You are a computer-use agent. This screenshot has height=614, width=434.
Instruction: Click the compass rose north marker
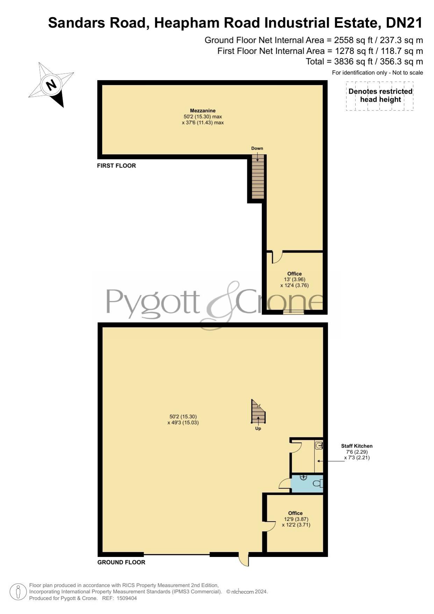(x=51, y=85)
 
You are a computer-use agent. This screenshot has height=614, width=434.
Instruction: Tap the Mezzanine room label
(x=203, y=111)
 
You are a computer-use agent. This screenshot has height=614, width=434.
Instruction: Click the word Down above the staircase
(x=257, y=148)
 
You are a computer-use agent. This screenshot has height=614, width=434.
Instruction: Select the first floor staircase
(x=257, y=177)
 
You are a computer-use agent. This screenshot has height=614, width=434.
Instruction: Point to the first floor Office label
(x=294, y=274)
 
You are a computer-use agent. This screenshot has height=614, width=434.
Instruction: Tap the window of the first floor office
(x=294, y=312)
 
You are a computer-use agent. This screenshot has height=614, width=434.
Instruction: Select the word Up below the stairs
(x=258, y=429)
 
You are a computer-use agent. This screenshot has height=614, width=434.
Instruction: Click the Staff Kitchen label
(x=357, y=446)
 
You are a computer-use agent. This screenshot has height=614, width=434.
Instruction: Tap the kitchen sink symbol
(x=319, y=445)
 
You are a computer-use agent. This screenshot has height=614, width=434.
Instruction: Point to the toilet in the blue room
(x=318, y=484)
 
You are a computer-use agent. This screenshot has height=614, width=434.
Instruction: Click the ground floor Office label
(x=296, y=513)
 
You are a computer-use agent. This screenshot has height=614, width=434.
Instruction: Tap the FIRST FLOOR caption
(x=116, y=166)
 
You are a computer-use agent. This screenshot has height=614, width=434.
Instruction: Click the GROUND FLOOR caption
(x=121, y=562)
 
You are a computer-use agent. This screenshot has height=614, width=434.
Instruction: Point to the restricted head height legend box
(x=380, y=96)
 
